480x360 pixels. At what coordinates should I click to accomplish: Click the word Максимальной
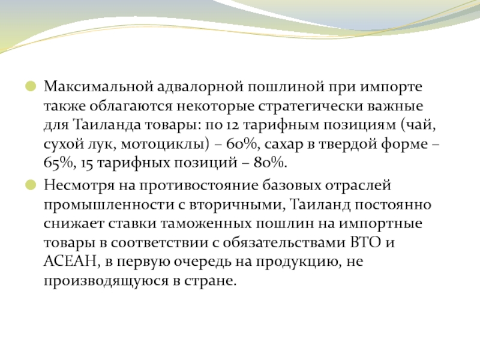[98, 86]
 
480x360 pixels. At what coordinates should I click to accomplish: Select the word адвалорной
[200, 86]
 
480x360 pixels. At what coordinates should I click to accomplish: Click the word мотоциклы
[165, 144]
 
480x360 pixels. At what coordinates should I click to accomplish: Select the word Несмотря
[79, 186]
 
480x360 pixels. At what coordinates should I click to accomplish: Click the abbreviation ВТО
[365, 242]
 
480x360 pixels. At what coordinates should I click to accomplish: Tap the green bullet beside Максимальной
[31, 86]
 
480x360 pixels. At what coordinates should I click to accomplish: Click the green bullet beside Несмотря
[31, 185]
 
